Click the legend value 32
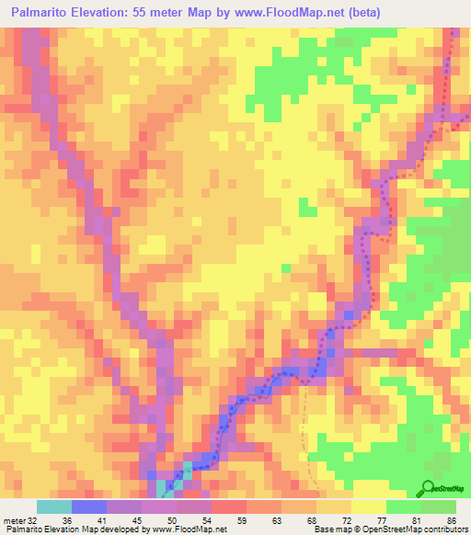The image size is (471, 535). [32, 519]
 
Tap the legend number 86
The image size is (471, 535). [451, 519]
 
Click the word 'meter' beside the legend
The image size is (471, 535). [13, 519]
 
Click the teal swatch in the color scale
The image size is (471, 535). [54, 507]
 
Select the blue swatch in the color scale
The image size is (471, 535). [89, 507]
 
